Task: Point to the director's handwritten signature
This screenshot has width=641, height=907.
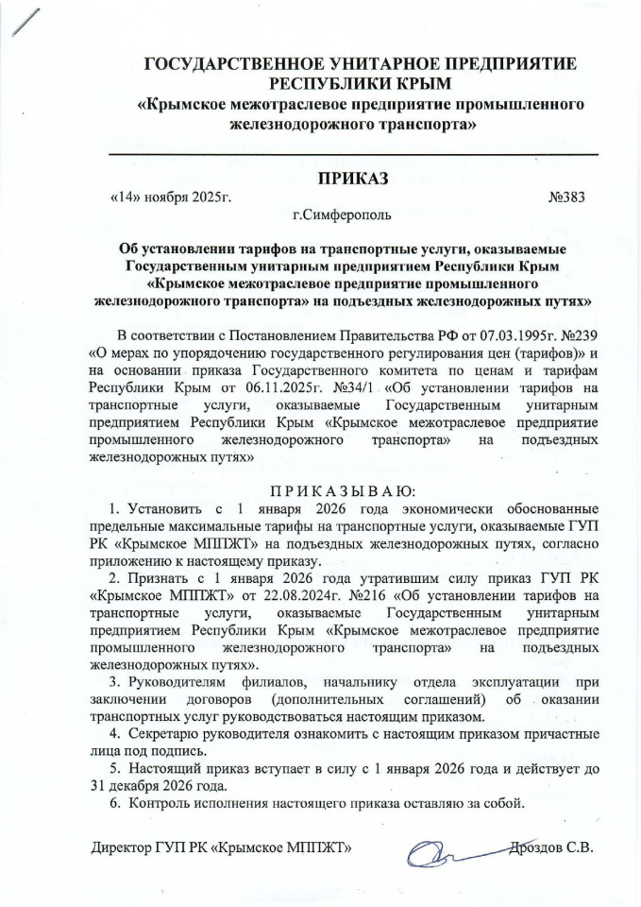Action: [444, 847]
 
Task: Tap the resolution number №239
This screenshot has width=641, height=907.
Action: [579, 335]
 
